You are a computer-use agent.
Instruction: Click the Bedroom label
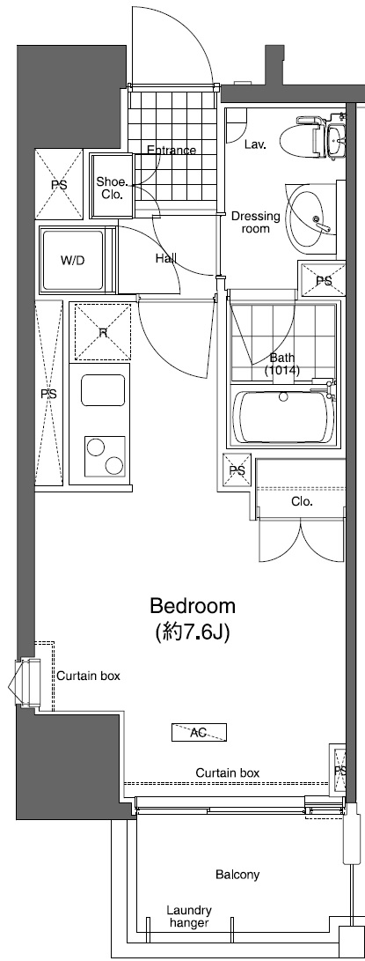tap(192, 606)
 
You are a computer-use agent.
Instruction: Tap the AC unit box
tap(199, 732)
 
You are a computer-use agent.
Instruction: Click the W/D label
tap(72, 261)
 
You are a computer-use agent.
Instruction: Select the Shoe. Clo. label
tap(112, 188)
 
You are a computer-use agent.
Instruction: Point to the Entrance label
tap(172, 150)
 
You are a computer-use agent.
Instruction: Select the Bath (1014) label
tap(283, 364)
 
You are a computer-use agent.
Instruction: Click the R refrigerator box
tap(103, 332)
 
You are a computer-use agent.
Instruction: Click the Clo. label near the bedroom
tap(303, 502)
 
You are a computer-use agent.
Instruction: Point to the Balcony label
tap(237, 875)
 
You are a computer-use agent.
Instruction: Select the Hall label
tap(165, 258)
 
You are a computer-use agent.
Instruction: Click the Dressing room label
tap(255, 222)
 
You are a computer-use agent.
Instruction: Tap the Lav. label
tap(256, 143)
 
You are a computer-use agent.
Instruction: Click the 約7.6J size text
tap(192, 632)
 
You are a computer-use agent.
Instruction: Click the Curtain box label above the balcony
tap(228, 772)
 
